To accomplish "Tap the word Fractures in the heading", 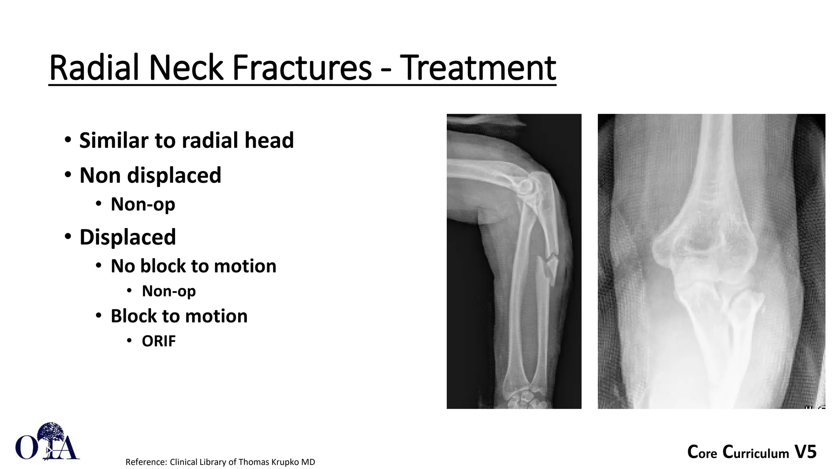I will (x=302, y=68).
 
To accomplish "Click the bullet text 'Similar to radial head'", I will (x=186, y=140).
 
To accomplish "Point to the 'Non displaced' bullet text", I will (x=150, y=175).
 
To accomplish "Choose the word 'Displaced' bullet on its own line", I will (x=127, y=237).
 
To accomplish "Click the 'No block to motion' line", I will (x=193, y=266).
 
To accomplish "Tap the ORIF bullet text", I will (x=158, y=341).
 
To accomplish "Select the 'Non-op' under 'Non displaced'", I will (x=143, y=204).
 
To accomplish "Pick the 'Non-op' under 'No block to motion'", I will (x=169, y=291).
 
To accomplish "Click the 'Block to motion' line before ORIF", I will (x=179, y=316).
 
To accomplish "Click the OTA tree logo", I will (x=47, y=442).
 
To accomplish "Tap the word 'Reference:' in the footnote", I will (x=146, y=462).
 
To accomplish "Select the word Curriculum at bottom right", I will (x=756, y=453).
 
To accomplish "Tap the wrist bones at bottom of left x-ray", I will (x=523, y=399).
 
